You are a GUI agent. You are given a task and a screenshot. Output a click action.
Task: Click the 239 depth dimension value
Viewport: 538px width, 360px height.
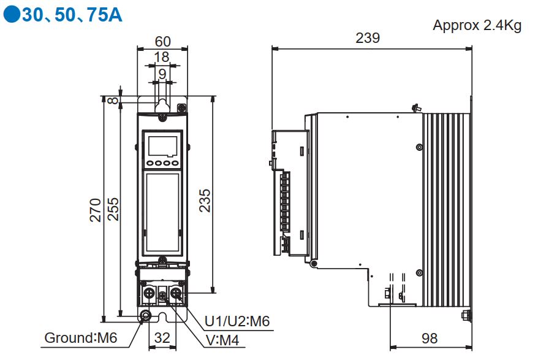(368, 38)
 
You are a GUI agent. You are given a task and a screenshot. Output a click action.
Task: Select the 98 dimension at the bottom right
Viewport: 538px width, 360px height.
(430, 338)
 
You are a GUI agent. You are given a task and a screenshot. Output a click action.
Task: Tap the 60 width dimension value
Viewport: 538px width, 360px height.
(162, 42)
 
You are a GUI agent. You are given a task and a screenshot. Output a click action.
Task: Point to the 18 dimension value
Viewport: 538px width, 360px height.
(161, 58)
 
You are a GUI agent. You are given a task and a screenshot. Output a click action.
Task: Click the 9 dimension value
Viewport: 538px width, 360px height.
(162, 74)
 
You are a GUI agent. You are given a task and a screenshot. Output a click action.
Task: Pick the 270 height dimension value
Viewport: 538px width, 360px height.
(95, 210)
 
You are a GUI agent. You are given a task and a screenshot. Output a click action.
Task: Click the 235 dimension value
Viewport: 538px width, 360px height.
(205, 201)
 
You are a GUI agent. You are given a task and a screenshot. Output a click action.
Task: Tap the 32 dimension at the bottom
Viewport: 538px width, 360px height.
(162, 338)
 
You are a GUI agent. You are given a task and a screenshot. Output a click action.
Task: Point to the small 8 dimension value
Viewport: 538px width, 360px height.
(112, 101)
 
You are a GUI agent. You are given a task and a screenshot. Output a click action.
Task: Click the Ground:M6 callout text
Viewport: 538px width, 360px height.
(81, 338)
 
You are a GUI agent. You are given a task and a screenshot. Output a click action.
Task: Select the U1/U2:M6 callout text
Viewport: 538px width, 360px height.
(237, 321)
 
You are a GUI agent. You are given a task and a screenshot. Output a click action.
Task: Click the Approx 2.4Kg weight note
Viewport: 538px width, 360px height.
(477, 26)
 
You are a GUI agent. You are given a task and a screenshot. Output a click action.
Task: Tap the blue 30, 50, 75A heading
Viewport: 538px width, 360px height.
(72, 15)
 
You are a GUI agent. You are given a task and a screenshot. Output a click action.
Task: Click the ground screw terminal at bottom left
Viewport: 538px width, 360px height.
(146, 316)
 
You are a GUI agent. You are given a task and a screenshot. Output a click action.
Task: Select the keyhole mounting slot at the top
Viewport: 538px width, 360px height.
(162, 104)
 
